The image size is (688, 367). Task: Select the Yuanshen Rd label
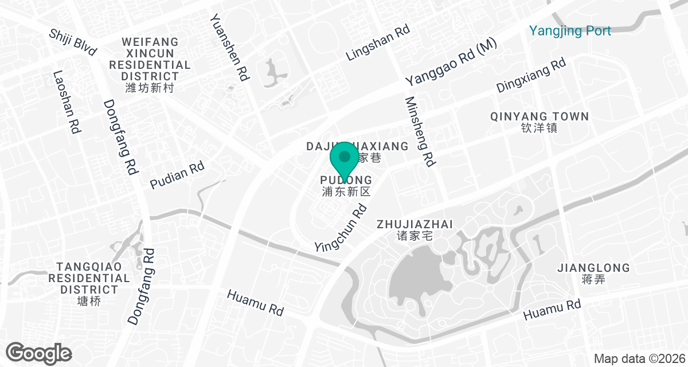pyautogui.click(x=229, y=47)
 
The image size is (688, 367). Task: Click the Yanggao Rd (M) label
pyautogui.click(x=451, y=63)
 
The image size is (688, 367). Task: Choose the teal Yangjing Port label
pyautogui.click(x=570, y=30)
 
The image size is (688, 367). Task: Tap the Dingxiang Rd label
pyautogui.click(x=531, y=76)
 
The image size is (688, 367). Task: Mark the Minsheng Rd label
pyautogui.click(x=419, y=131)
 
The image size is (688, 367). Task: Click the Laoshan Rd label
pyautogui.click(x=66, y=102)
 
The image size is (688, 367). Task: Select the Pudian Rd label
pyautogui.click(x=177, y=176)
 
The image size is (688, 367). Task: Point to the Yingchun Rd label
pyautogui.click(x=341, y=228)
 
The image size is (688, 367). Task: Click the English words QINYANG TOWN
pyautogui.click(x=540, y=116)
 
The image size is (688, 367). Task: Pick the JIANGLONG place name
pyautogui.click(x=593, y=268)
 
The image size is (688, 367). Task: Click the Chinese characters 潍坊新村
pyautogui.click(x=149, y=88)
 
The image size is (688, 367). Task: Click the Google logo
pyautogui.click(x=39, y=352)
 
